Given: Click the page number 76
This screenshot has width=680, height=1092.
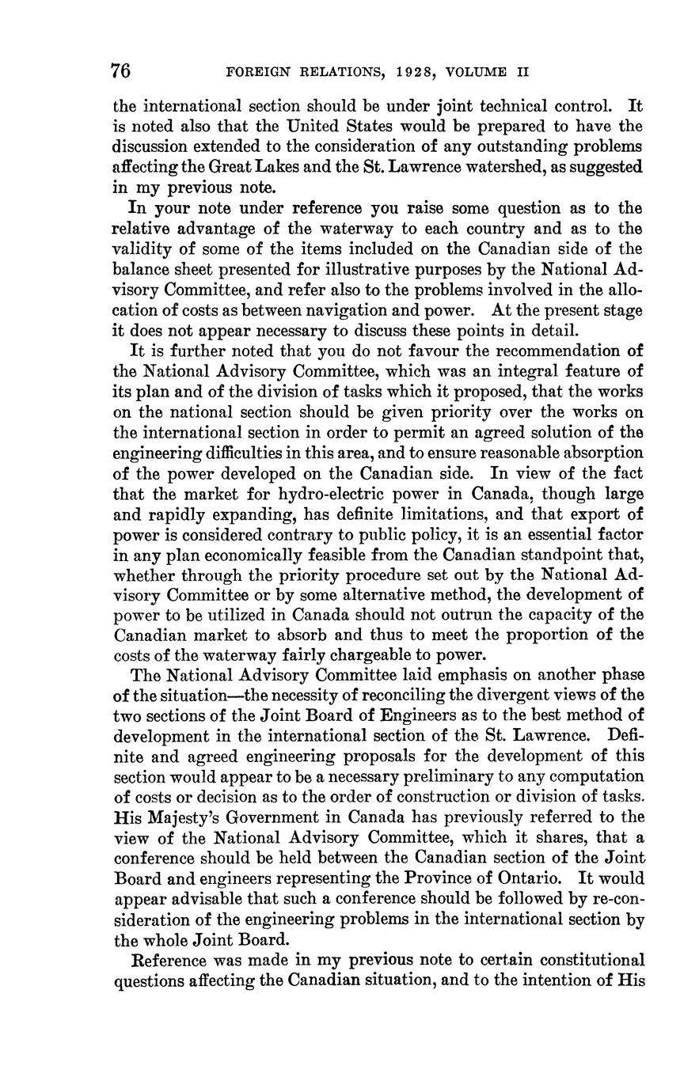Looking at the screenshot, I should pos(121,71).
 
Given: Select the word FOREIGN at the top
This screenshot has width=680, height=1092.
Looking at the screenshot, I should pos(257,72).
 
